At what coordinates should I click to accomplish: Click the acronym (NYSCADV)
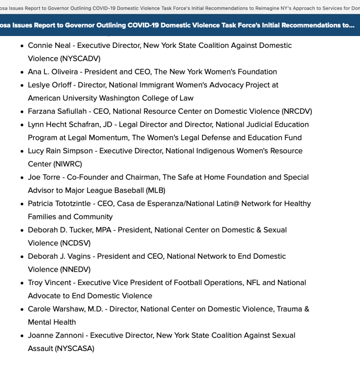[80, 59]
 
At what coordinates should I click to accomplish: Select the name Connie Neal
[49, 45]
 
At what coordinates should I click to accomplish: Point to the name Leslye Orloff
[50, 85]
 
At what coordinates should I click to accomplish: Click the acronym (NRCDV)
[297, 111]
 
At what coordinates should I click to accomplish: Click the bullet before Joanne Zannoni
[22, 336]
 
